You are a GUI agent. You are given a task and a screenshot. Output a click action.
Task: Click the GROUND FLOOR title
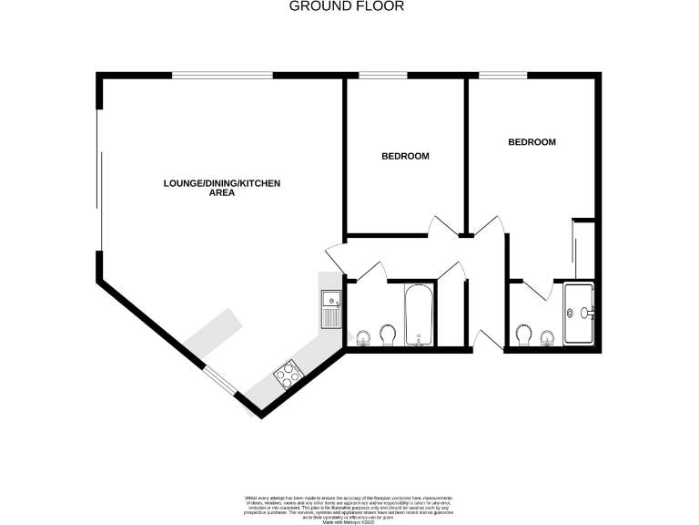pos(346,6)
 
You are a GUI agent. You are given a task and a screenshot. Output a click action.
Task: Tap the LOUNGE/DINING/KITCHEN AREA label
pos(221,188)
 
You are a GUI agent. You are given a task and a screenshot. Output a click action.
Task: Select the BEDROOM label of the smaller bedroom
pos(404,156)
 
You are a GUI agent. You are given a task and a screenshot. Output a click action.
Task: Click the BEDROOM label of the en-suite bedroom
pos(532,142)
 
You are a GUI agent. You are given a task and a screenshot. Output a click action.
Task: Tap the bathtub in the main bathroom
pos(420,315)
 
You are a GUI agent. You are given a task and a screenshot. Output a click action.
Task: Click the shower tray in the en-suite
pos(580,313)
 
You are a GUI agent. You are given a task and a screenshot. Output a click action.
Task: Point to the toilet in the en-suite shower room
pos(523,336)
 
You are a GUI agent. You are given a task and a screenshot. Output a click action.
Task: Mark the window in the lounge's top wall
pos(223,75)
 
